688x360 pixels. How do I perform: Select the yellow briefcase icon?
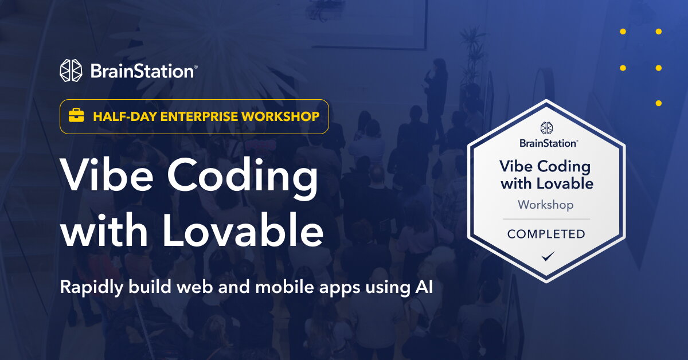point(76,116)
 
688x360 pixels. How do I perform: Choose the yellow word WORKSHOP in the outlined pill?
point(281,116)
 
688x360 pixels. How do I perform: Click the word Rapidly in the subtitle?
point(86,287)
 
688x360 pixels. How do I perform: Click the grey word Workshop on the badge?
point(546,205)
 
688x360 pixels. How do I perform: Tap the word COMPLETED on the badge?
point(546,234)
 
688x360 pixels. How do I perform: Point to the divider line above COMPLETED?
point(546,219)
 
